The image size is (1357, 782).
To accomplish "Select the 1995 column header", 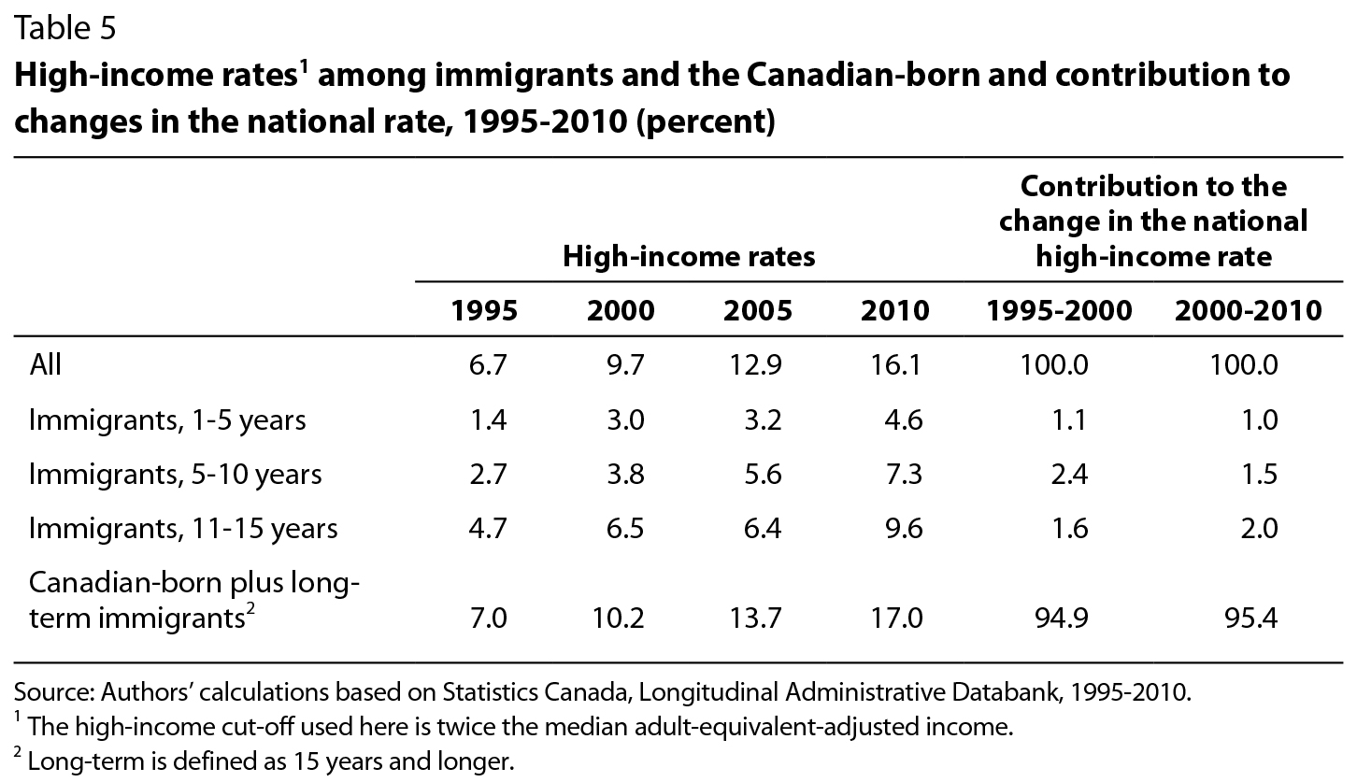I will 483,311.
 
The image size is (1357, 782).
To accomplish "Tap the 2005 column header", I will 757,311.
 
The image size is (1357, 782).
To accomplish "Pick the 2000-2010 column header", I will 1248,311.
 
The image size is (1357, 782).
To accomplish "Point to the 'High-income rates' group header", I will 689,256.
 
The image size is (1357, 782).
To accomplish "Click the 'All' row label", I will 45,364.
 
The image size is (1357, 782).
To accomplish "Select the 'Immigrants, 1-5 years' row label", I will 167,420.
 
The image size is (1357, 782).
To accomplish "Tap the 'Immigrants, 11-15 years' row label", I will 183,529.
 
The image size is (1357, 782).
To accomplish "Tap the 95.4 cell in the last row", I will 1253,618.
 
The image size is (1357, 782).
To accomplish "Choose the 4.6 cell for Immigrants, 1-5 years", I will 904,420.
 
